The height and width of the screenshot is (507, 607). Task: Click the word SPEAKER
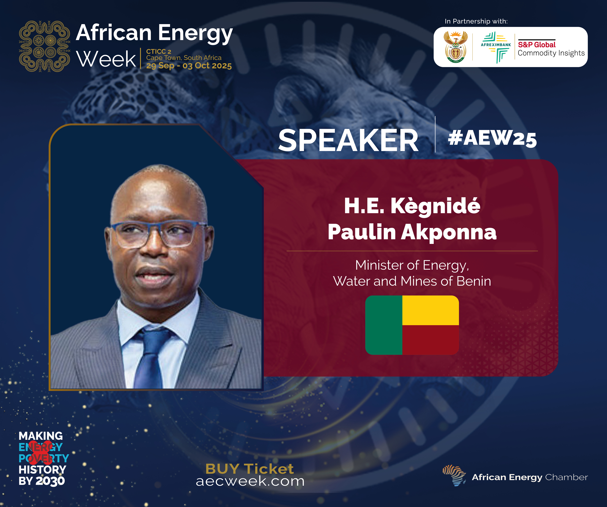tap(348, 141)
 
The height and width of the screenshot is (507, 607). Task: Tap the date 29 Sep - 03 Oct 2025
tap(189, 66)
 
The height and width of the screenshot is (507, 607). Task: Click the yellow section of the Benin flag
tap(430, 310)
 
